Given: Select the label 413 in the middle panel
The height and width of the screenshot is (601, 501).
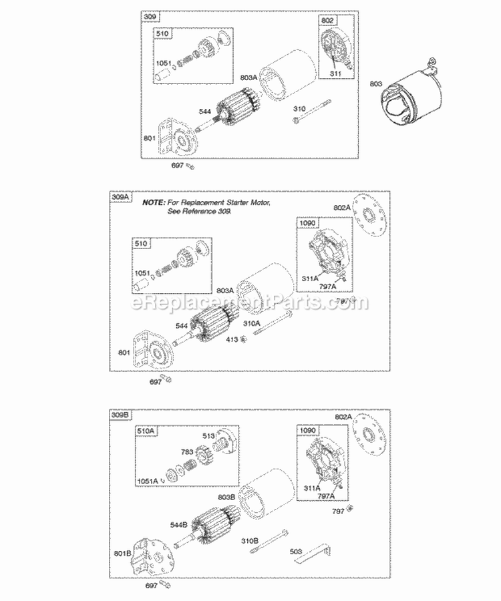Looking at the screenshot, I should click(231, 341).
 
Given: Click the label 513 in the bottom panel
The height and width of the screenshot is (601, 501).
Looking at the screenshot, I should click(208, 437).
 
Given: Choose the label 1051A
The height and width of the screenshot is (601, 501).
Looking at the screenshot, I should click(148, 481).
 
